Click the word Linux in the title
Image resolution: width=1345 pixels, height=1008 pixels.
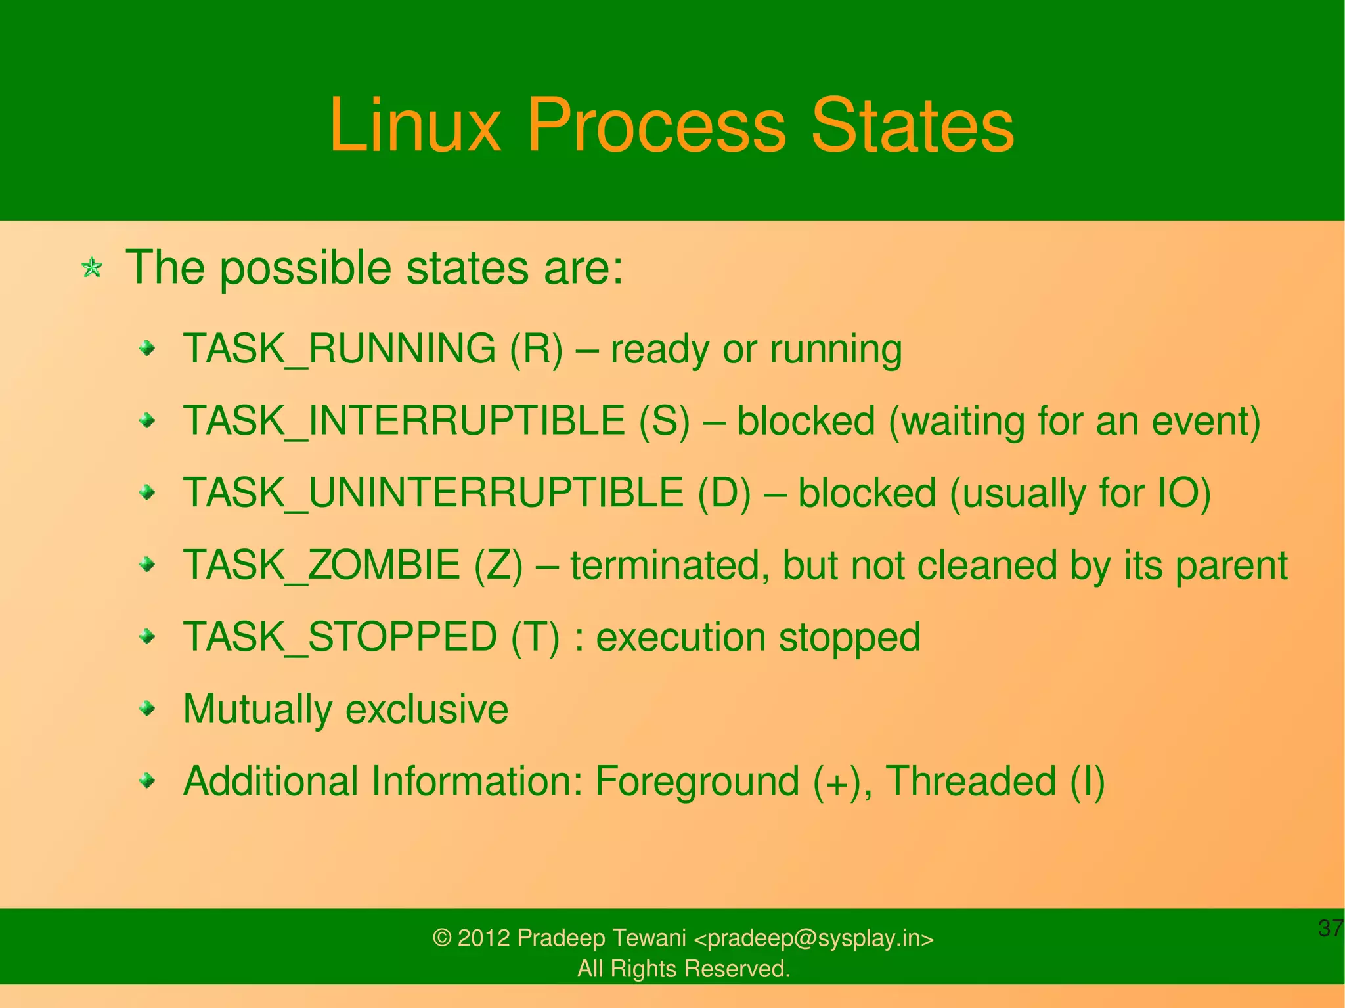(x=414, y=125)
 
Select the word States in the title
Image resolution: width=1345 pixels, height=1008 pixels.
(x=912, y=125)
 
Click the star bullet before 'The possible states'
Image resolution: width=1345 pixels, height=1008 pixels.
(x=92, y=268)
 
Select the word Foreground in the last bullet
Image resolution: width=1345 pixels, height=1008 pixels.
(x=697, y=781)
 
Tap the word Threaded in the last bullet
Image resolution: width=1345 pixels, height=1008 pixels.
(x=971, y=781)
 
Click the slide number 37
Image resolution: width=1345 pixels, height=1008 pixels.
(x=1330, y=929)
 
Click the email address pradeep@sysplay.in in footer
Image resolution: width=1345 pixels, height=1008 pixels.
(x=813, y=938)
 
